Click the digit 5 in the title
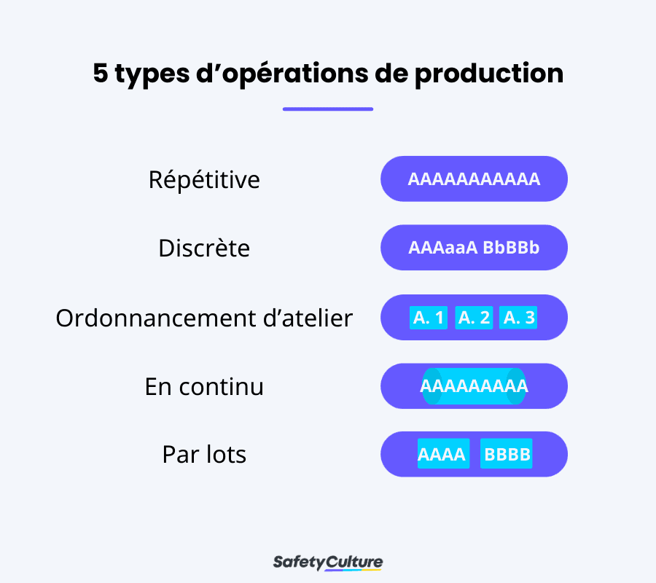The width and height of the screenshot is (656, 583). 101,74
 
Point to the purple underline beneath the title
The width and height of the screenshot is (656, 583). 328,109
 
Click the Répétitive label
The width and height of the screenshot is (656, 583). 204,179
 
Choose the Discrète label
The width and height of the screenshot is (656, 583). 204,249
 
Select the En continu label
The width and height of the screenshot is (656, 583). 204,386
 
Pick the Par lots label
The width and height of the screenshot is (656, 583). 204,455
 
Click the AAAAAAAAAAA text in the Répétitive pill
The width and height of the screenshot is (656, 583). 474,179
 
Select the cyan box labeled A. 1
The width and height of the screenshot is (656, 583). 429,318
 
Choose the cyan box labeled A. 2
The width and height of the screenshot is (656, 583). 474,318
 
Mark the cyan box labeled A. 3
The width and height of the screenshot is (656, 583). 519,318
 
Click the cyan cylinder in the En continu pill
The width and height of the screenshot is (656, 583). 474,386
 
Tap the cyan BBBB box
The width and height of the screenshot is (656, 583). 507,455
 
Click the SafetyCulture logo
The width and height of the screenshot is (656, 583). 328,562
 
